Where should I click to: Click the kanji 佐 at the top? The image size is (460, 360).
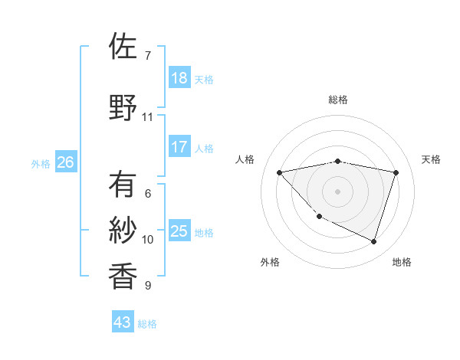[123, 47]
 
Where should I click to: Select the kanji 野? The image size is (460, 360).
[123, 107]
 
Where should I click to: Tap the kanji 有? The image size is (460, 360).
[123, 185]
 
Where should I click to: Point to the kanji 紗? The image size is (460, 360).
[123, 230]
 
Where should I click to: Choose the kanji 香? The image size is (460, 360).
[123, 276]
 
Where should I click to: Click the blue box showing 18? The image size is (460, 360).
[179, 78]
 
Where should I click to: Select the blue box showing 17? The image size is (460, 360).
[179, 147]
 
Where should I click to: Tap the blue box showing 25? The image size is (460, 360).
[179, 231]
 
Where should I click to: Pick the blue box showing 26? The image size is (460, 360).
[65, 162]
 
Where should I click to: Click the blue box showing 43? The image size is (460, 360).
[123, 322]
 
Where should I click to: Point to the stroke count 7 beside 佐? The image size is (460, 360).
[147, 55]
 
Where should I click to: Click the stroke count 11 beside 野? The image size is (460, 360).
[147, 117]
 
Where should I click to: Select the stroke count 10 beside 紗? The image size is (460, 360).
[148, 240]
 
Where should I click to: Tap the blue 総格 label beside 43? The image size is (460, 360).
[147, 324]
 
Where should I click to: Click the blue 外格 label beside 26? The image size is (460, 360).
[41, 163]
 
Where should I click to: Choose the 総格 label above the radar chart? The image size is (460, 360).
[337, 100]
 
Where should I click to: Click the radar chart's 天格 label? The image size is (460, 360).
[431, 159]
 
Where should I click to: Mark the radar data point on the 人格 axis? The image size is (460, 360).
[279, 172]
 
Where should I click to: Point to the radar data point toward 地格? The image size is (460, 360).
[373, 241]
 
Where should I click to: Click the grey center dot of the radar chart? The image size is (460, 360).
[337, 191]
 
